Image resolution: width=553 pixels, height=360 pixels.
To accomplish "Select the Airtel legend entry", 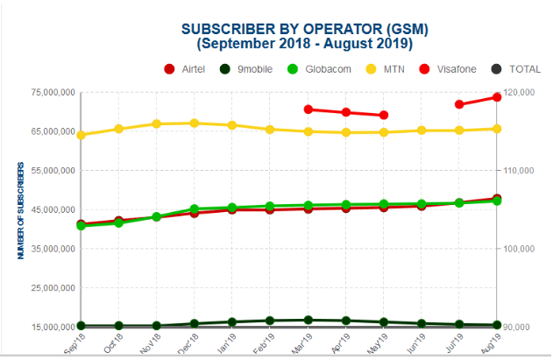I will tap(189, 68).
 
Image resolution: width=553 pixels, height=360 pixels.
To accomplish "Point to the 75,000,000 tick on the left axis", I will tap(43, 92).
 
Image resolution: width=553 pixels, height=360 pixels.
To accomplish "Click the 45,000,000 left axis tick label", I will tap(43, 209).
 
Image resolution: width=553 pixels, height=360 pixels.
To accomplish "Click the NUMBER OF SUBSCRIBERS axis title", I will tap(18, 208).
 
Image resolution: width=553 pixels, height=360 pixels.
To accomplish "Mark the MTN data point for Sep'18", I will tap(81, 135).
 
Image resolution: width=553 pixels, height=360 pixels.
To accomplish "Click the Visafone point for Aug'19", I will tap(497, 97).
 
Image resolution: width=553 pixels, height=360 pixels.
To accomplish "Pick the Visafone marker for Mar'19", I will tap(308, 109).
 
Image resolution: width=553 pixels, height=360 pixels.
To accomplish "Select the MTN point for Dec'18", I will tap(194, 124).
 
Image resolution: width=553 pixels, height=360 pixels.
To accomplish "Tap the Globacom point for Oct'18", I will tap(118, 222).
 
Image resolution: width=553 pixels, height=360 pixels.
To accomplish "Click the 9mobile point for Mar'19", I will tap(308, 321).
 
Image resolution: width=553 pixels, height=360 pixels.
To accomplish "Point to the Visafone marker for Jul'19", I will tap(459, 104).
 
